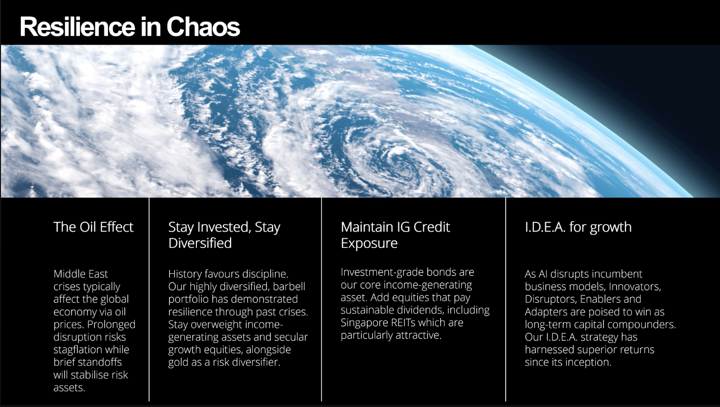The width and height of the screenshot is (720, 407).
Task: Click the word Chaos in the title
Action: pyautogui.click(x=203, y=26)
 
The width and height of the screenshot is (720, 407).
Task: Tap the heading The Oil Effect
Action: pyautogui.click(x=93, y=227)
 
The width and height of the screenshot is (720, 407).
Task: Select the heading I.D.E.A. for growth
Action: pyautogui.click(x=578, y=227)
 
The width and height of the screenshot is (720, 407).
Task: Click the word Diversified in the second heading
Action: pyautogui.click(x=200, y=243)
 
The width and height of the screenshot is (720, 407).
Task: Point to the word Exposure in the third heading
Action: pyautogui.click(x=369, y=243)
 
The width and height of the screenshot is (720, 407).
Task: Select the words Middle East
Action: pyautogui.click(x=81, y=274)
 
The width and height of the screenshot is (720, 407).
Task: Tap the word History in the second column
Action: pyautogui.click(x=186, y=274)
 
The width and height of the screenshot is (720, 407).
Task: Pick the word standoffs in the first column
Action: pyautogui.click(x=102, y=362)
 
